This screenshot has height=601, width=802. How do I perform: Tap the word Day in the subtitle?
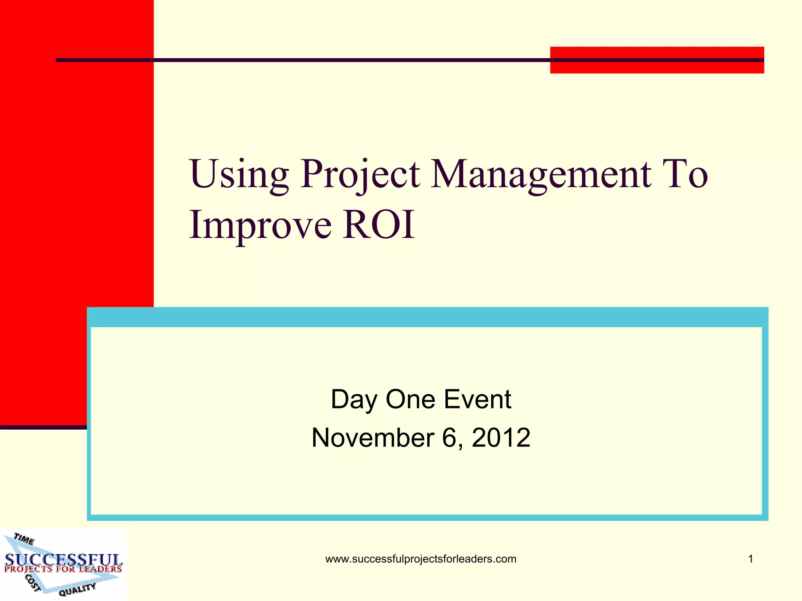(x=354, y=400)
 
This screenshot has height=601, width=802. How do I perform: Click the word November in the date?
(x=372, y=437)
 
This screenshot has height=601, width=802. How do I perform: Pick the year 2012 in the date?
(x=501, y=437)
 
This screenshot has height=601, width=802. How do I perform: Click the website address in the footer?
(x=421, y=559)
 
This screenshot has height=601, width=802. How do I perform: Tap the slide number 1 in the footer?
(x=750, y=559)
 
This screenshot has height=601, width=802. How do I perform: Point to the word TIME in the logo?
(x=24, y=539)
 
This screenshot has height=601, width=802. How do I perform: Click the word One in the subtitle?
(x=410, y=399)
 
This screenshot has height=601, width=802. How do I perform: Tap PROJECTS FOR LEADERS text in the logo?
(x=63, y=569)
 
